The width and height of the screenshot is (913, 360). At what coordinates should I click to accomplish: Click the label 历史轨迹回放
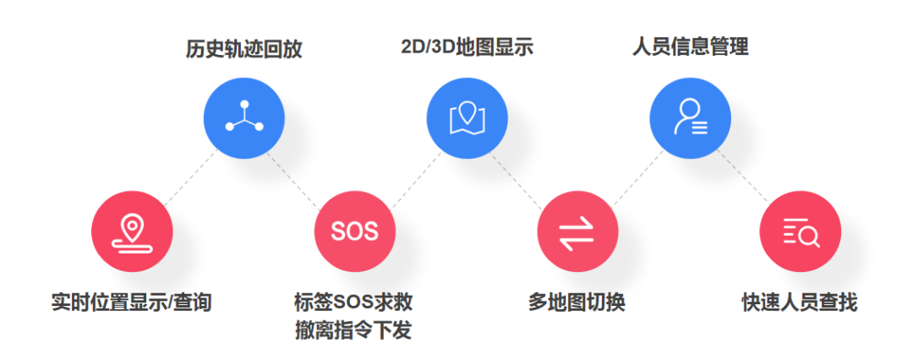click(x=244, y=49)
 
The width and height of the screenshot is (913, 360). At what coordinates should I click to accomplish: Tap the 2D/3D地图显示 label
click(x=467, y=46)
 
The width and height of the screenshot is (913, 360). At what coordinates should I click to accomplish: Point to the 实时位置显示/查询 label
click(x=132, y=302)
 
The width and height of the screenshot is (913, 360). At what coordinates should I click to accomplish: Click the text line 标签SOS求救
click(x=353, y=302)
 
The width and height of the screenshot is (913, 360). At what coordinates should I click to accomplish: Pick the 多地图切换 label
click(x=577, y=302)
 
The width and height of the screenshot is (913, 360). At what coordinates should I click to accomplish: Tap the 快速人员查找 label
click(x=800, y=302)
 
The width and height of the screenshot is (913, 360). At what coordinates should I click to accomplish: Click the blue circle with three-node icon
click(x=244, y=118)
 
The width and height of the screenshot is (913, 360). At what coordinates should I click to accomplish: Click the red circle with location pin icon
click(x=132, y=231)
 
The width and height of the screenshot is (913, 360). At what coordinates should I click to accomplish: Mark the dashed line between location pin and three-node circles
click(x=188, y=176)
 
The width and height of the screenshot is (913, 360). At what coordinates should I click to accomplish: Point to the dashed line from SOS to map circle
click(x=412, y=176)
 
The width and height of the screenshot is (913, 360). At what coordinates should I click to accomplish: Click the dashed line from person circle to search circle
click(x=744, y=174)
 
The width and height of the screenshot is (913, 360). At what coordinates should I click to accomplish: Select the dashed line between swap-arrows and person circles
click(x=634, y=176)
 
